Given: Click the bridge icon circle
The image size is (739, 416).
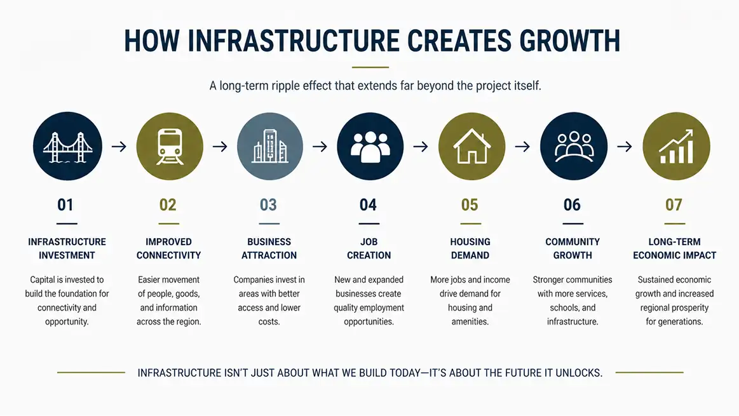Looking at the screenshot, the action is click(x=67, y=146).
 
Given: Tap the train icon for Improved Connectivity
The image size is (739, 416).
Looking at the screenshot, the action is click(x=169, y=146).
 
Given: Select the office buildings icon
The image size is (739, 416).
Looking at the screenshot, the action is click(x=269, y=146).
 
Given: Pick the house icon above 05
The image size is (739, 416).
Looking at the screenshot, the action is click(x=471, y=146).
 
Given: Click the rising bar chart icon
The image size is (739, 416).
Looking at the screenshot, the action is click(x=676, y=147).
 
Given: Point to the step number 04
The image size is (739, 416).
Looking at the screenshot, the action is click(x=368, y=205).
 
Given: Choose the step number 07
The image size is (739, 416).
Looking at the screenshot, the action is click(x=674, y=205).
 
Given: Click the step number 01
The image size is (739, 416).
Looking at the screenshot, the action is click(x=65, y=205).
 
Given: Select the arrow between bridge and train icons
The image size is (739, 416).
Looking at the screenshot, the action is click(x=119, y=147).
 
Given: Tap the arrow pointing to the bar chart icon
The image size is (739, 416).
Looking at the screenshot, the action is click(x=625, y=147).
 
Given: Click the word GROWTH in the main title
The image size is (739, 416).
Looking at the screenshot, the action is click(x=570, y=41).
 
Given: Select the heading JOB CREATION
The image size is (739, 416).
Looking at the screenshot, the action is click(x=369, y=248).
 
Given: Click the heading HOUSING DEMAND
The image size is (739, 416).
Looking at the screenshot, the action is click(x=470, y=248).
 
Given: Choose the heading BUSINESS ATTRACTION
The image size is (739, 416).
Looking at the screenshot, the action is click(x=269, y=248).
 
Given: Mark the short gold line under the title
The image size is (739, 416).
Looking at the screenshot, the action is click(x=370, y=67).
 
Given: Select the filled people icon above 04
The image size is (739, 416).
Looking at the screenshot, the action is click(x=370, y=147).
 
